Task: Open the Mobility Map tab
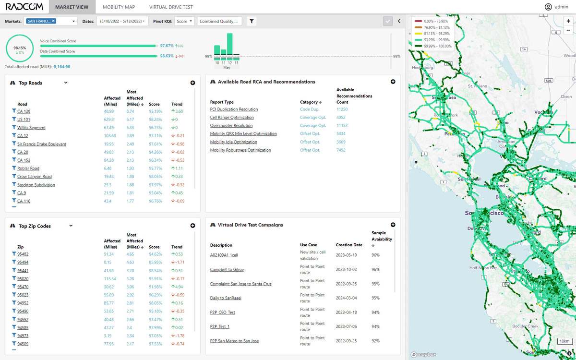(x=119, y=7)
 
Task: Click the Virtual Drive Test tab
(x=171, y=7)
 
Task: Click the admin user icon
(x=548, y=7)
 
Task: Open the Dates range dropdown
(x=122, y=21)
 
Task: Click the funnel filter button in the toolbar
(x=252, y=21)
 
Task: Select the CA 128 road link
(x=24, y=111)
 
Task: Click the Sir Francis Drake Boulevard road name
(x=42, y=144)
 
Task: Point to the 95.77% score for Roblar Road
(x=154, y=168)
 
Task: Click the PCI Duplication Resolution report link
(x=234, y=109)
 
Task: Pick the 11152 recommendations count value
(x=342, y=126)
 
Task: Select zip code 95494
(x=23, y=263)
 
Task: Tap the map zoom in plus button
(x=568, y=21)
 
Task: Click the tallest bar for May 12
(x=230, y=44)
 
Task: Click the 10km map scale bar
(x=564, y=341)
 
